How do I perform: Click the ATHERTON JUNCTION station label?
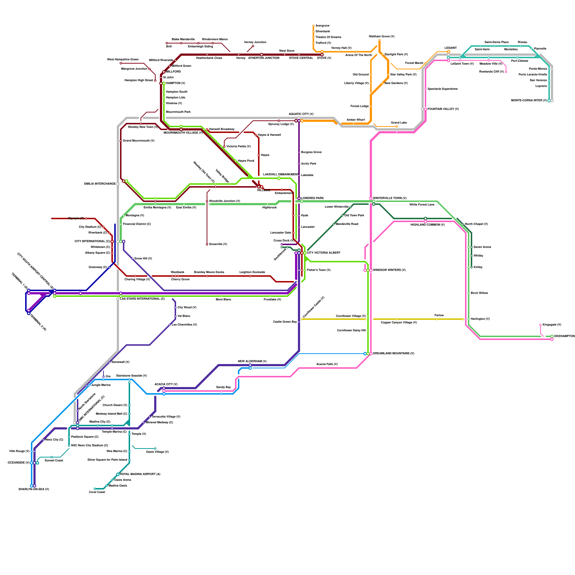pos(263,58)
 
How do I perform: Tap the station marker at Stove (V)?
pos(322,55)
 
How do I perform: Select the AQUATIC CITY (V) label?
pos(301,114)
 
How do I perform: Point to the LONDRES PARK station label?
pos(312,198)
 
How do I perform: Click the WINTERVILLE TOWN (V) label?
pos(390,198)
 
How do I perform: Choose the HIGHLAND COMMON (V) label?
pos(428,225)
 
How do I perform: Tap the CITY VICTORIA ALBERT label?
pos(323,253)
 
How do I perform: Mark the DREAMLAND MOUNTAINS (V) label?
pos(394,354)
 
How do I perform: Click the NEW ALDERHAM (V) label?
pos(252,362)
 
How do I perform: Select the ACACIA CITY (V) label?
pos(166,385)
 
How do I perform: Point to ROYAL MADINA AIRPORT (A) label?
pos(140,474)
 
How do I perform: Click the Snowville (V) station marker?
pos(207,244)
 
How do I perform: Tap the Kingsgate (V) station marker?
pos(540,325)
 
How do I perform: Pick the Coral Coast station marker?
pos(95,489)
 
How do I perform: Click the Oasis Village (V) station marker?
pos(155,448)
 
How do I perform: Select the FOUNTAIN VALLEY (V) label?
pos(443,109)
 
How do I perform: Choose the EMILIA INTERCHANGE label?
pos(100,184)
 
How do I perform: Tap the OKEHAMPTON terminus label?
pos(564,336)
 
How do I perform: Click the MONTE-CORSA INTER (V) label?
pos(529,101)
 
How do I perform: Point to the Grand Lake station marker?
pos(397,126)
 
